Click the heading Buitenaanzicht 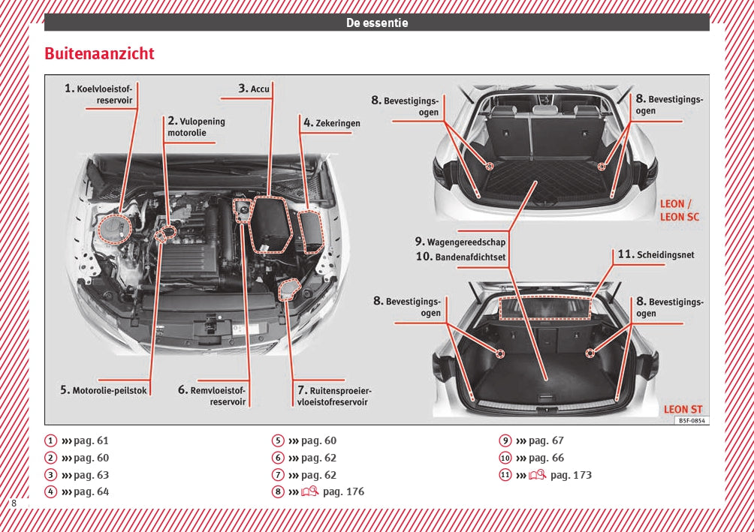tap(99, 54)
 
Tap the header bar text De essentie tap(377, 23)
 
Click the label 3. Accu tap(254, 89)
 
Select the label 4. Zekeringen tap(332, 122)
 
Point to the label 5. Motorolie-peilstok tap(104, 390)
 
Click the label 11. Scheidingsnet tap(656, 254)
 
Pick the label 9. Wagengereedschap tap(460, 242)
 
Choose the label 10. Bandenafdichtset tap(460, 257)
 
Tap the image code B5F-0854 tap(691, 421)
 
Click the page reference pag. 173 tap(571, 475)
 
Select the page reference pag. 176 tap(343, 491)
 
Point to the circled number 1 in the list tap(50, 440)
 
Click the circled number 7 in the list tap(278, 475)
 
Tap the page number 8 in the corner tap(14, 503)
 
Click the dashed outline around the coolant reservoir tap(115, 227)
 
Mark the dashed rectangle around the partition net tap(545, 307)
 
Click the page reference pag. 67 tap(546, 440)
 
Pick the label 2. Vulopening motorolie tap(196, 128)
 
